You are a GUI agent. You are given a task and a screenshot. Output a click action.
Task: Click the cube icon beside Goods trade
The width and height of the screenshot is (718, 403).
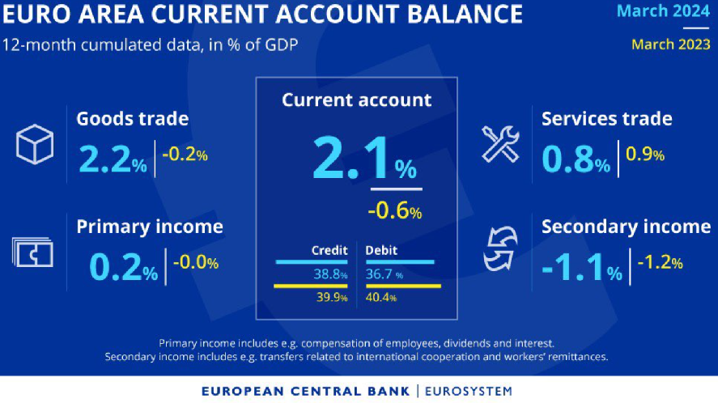[x=35, y=144]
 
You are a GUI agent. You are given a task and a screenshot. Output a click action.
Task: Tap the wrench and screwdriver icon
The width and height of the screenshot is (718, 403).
[x=500, y=144]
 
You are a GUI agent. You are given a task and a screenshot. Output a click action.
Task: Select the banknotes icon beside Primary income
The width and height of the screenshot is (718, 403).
[x=32, y=252]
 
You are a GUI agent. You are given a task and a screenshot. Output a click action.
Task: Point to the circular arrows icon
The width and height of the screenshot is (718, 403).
[x=500, y=248]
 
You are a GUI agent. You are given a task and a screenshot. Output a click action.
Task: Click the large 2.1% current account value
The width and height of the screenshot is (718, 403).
[x=364, y=159]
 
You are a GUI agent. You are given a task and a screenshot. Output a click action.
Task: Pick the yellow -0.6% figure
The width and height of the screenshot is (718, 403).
[x=395, y=210]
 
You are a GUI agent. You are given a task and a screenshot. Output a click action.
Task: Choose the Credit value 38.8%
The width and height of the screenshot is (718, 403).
[x=330, y=274]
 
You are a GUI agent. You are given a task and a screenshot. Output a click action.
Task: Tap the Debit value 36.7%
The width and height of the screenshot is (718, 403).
[x=384, y=274]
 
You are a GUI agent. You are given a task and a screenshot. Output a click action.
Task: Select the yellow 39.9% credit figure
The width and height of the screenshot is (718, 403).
[x=332, y=297]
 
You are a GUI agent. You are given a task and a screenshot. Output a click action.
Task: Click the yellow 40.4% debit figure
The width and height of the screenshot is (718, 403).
[x=381, y=297]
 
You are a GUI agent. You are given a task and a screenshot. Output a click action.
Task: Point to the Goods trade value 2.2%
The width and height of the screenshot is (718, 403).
[x=113, y=159]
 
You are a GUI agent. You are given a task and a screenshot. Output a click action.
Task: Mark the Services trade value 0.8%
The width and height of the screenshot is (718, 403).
[x=576, y=159]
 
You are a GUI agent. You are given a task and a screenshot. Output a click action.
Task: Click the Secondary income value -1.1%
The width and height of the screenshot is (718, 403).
[x=582, y=267]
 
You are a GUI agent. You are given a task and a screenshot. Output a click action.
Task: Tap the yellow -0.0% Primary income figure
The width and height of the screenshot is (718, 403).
[x=196, y=262]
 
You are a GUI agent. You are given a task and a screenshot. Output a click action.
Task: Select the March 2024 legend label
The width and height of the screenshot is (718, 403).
[x=663, y=11]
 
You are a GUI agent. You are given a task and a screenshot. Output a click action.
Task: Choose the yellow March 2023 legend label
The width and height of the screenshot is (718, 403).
[x=671, y=45]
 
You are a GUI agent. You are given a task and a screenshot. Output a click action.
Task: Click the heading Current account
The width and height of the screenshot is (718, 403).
[x=357, y=100]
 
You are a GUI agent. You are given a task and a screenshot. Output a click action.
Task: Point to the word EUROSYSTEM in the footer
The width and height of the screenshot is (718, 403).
[x=469, y=391]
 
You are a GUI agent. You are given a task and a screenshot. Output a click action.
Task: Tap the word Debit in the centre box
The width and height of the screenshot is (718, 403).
[x=381, y=250]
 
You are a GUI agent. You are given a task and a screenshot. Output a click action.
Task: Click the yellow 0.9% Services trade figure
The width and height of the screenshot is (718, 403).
[x=644, y=155]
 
